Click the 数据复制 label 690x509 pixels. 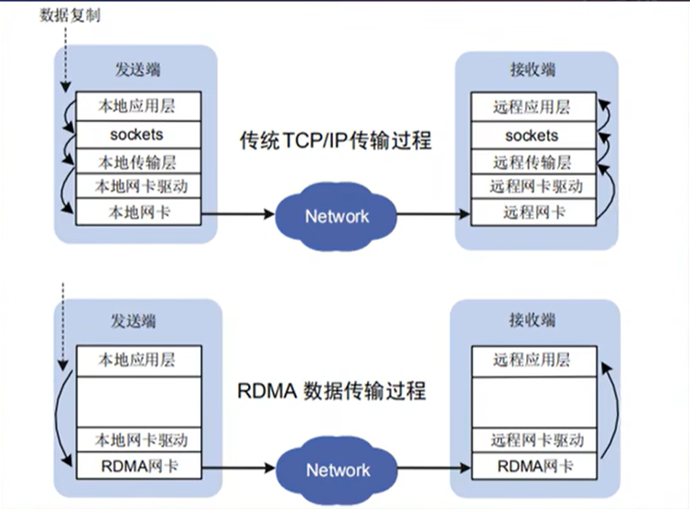(x=70, y=16)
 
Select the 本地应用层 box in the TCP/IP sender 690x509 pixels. (x=138, y=106)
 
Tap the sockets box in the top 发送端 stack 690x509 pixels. (x=138, y=135)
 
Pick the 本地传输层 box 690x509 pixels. (x=138, y=162)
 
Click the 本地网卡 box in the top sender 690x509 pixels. (x=138, y=212)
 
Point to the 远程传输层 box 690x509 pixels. (x=534, y=162)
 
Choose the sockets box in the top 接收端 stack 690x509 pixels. (x=534, y=135)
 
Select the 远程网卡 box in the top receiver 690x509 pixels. (x=534, y=212)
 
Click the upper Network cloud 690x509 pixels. (x=336, y=216)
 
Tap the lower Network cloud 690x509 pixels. (x=337, y=470)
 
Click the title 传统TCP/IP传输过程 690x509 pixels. (x=335, y=140)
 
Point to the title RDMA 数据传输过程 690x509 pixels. (x=332, y=391)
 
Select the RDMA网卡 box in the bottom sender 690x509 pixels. (x=139, y=466)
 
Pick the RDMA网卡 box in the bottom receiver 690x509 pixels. (x=534, y=466)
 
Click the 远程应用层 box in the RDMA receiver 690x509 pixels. (x=534, y=361)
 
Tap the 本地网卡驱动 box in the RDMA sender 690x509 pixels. (x=139, y=439)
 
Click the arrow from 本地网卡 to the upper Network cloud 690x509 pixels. (x=238, y=214)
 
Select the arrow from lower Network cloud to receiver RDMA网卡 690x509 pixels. (x=435, y=468)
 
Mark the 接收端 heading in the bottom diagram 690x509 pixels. (x=532, y=320)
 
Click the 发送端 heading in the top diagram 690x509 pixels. (x=138, y=70)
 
